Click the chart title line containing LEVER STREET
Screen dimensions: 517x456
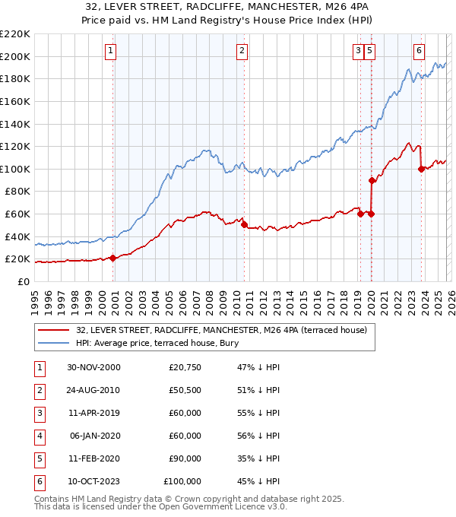click(x=227, y=8)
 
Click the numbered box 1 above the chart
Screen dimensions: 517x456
click(x=111, y=51)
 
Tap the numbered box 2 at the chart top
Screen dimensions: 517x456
click(x=242, y=51)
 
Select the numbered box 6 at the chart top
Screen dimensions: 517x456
click(x=419, y=51)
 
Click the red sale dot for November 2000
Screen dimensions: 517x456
click(x=113, y=258)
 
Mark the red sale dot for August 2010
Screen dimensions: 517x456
click(x=244, y=224)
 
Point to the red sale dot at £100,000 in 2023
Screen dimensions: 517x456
click(x=421, y=169)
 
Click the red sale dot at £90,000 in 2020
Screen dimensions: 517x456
click(x=372, y=180)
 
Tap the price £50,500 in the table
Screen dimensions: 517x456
click(x=182, y=391)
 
